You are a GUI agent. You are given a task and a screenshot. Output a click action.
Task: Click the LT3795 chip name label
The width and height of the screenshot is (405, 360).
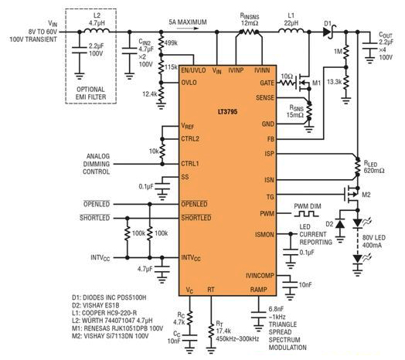click(227, 112)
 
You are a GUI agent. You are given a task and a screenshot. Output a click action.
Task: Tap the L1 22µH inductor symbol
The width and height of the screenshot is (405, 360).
click(291, 30)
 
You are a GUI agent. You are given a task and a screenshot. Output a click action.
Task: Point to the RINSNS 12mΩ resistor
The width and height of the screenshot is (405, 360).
click(249, 32)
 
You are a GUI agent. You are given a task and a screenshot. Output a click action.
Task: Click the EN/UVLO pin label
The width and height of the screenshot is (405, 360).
click(193, 70)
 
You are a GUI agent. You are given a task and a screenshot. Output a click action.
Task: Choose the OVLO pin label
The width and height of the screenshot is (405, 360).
click(189, 83)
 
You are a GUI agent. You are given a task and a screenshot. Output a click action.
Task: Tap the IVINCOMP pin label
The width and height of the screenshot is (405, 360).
click(260, 276)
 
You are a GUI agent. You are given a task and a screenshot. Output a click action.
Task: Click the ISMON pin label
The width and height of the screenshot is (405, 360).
click(264, 235)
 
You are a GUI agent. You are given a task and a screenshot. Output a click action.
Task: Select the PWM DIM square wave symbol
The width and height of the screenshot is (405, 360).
click(306, 214)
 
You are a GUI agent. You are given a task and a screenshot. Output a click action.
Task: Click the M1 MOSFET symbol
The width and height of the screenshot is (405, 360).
click(304, 83)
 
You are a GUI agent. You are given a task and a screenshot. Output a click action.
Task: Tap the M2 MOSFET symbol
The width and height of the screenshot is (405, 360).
click(351, 194)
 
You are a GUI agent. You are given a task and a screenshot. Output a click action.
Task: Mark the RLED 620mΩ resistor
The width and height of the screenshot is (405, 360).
click(358, 167)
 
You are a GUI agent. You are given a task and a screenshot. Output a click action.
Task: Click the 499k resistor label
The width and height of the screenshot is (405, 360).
click(171, 43)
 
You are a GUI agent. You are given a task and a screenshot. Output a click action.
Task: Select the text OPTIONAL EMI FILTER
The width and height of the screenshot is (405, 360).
click(91, 93)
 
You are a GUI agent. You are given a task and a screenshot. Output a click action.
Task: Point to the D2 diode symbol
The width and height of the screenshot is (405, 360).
click(339, 223)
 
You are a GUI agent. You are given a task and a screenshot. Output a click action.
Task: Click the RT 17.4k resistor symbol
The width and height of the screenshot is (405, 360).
click(211, 332)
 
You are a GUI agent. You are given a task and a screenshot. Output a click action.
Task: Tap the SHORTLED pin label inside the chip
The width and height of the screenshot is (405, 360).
click(196, 217)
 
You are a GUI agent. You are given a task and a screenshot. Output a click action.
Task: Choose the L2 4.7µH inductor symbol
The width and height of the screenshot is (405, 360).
click(97, 30)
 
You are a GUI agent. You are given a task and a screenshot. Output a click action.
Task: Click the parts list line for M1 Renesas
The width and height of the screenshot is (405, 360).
click(117, 328)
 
